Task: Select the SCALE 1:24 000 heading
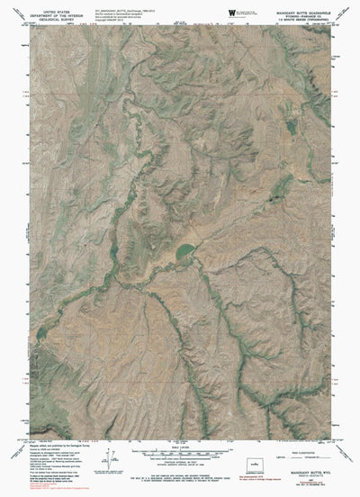(x=179, y=445)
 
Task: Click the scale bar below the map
(x=179, y=451)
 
